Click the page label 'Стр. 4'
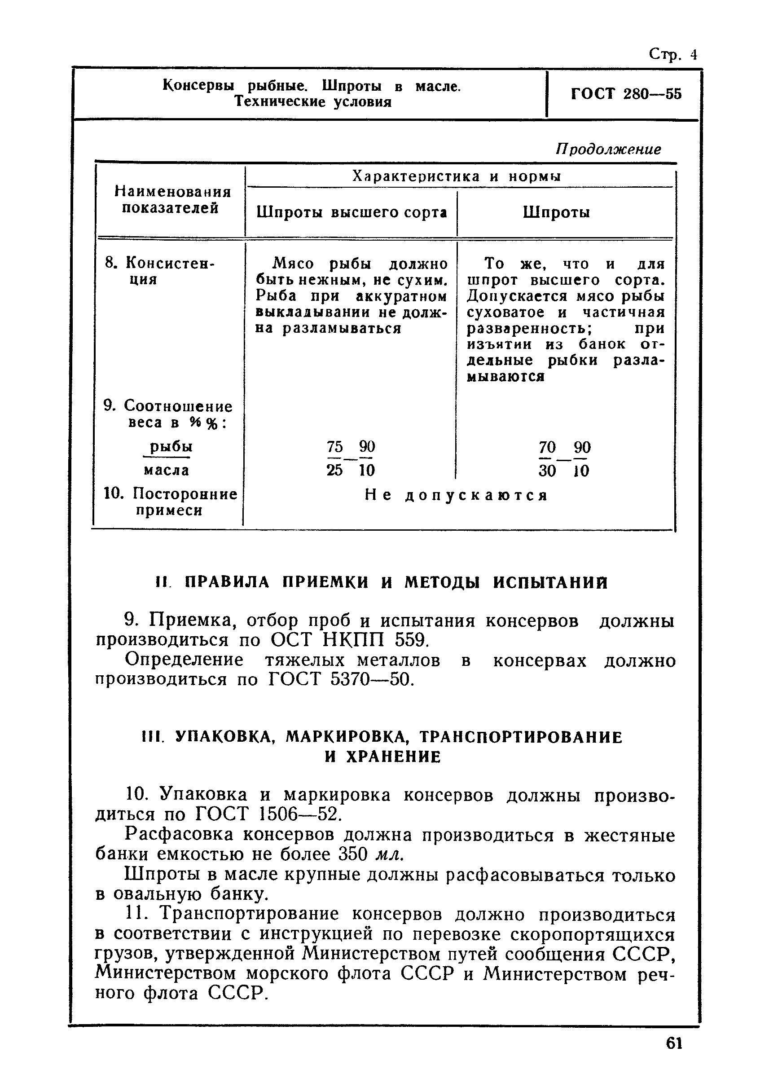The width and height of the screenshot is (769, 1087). pos(672,54)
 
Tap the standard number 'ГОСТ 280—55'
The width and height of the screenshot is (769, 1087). pos(626,94)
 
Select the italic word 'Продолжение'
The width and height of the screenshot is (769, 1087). pos(608,150)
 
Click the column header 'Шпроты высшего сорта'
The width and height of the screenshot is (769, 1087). pos(352,213)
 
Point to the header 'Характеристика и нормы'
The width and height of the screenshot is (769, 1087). pos(457,176)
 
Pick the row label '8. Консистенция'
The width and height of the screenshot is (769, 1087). pos(159,270)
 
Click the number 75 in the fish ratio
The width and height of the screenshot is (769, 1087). pos(334,446)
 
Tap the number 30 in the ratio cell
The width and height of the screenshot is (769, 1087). pos(547,471)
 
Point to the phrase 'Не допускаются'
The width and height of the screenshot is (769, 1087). pos(457,495)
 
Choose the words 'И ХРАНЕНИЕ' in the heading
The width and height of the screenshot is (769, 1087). pos(382,757)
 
